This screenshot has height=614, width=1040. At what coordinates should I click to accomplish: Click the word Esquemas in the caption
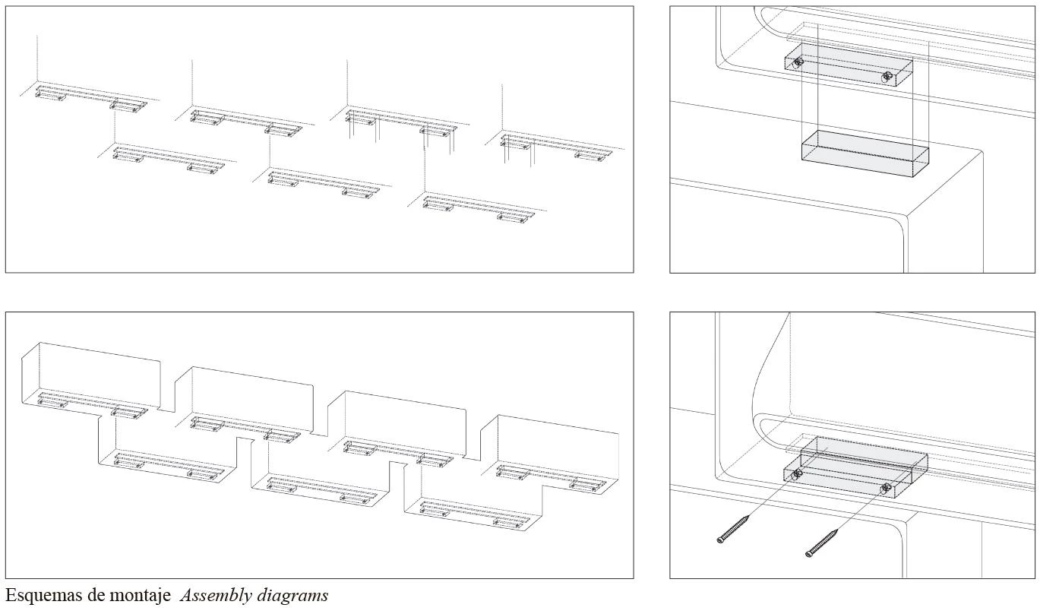43,596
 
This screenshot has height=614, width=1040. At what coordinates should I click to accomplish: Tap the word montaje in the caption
140,596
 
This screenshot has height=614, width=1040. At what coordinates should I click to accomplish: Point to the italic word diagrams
292,596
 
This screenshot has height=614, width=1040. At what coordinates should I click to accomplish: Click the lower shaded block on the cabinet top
865,154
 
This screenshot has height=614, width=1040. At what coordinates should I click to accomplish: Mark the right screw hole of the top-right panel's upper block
887,77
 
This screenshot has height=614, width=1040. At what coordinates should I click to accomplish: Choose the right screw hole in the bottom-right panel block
886,488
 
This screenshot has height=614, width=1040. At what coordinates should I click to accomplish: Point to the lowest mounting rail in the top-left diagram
476,207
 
